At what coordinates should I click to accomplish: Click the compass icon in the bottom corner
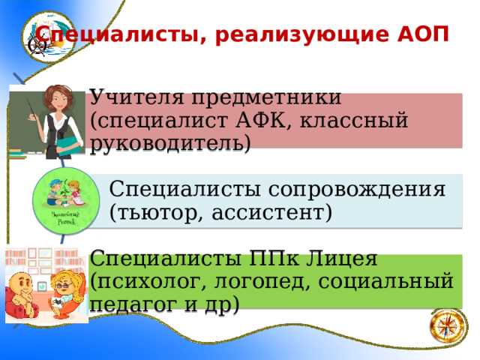pyautogui.click(x=446, y=328)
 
